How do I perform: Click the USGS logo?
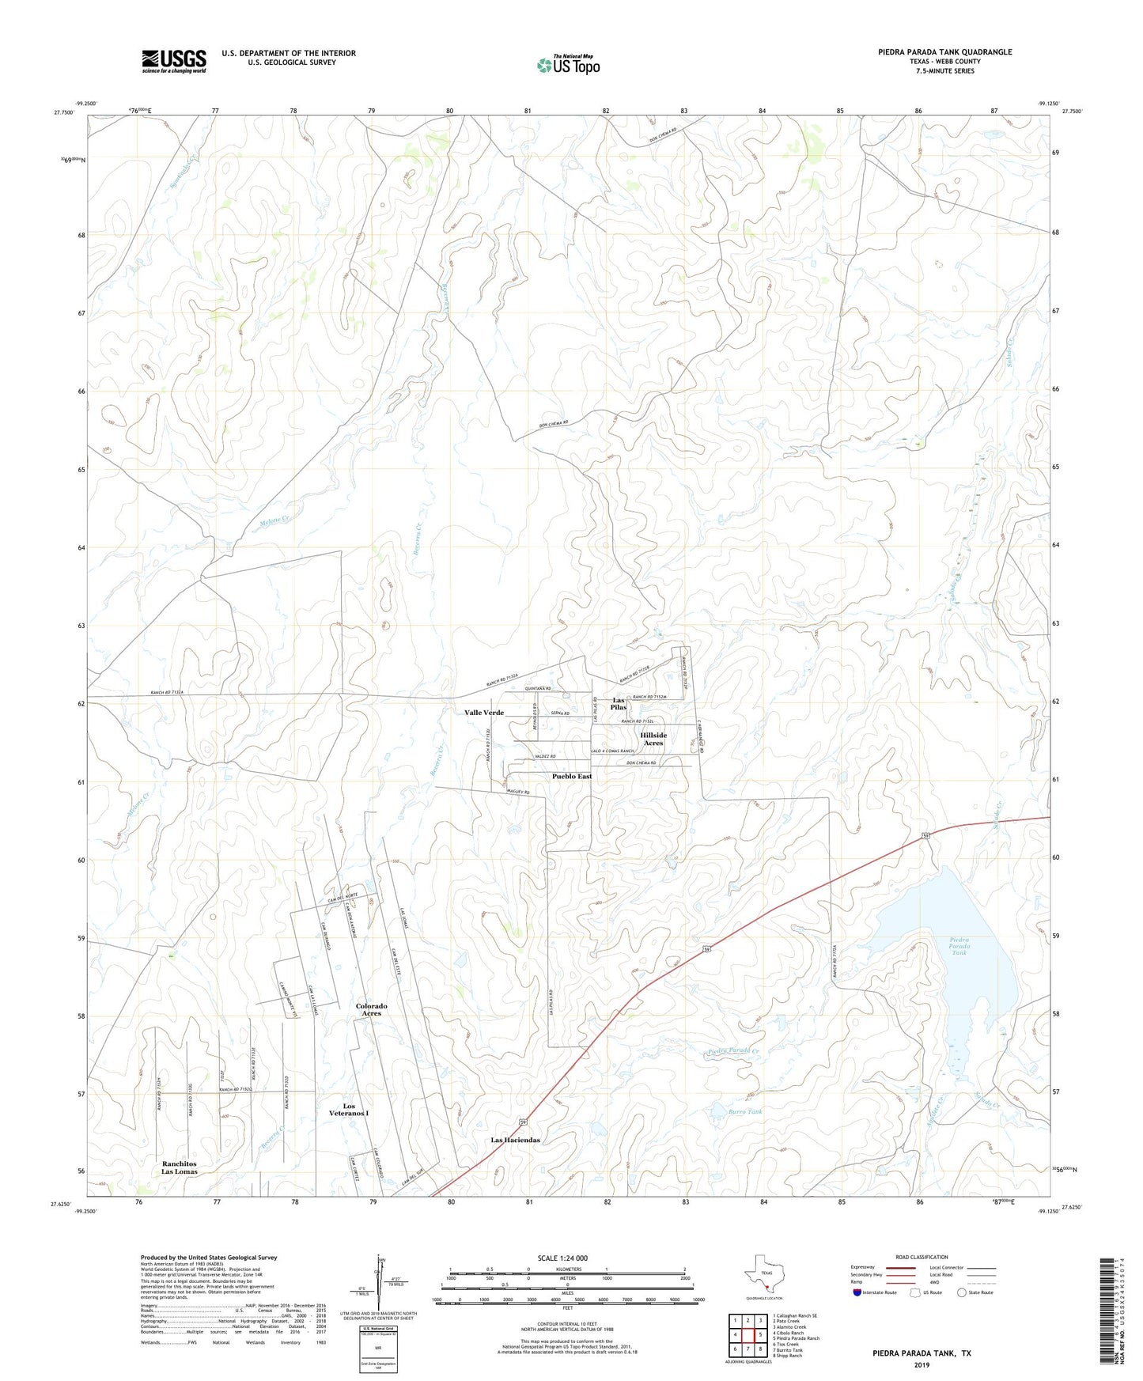click(174, 61)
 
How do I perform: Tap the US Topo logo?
click(567, 64)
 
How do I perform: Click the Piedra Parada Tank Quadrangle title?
click(944, 52)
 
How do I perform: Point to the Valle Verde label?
click(484, 713)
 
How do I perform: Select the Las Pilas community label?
click(619, 704)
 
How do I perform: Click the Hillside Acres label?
click(653, 739)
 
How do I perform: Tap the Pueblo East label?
click(572, 776)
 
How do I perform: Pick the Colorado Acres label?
click(371, 1009)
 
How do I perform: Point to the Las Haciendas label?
click(515, 1140)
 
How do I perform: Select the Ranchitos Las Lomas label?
click(180, 1167)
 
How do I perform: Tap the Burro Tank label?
click(745, 1111)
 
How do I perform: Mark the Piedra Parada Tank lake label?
click(959, 946)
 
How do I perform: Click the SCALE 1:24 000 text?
click(562, 1258)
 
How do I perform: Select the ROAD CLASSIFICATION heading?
click(922, 1257)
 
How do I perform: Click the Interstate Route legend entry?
click(875, 1292)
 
